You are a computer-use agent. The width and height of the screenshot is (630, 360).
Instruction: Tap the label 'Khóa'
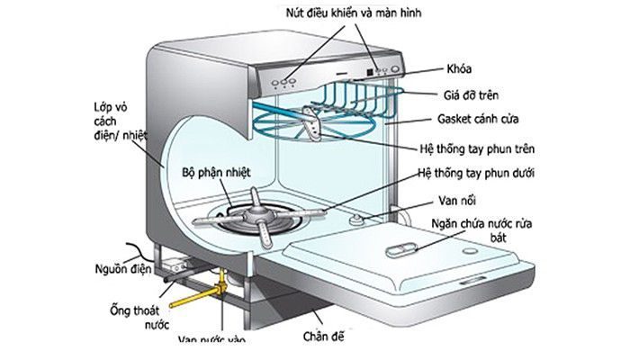point(460,69)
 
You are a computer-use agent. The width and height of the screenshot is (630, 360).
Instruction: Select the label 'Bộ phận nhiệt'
point(216,171)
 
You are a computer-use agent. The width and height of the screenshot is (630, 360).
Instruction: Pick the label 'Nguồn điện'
point(122,266)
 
